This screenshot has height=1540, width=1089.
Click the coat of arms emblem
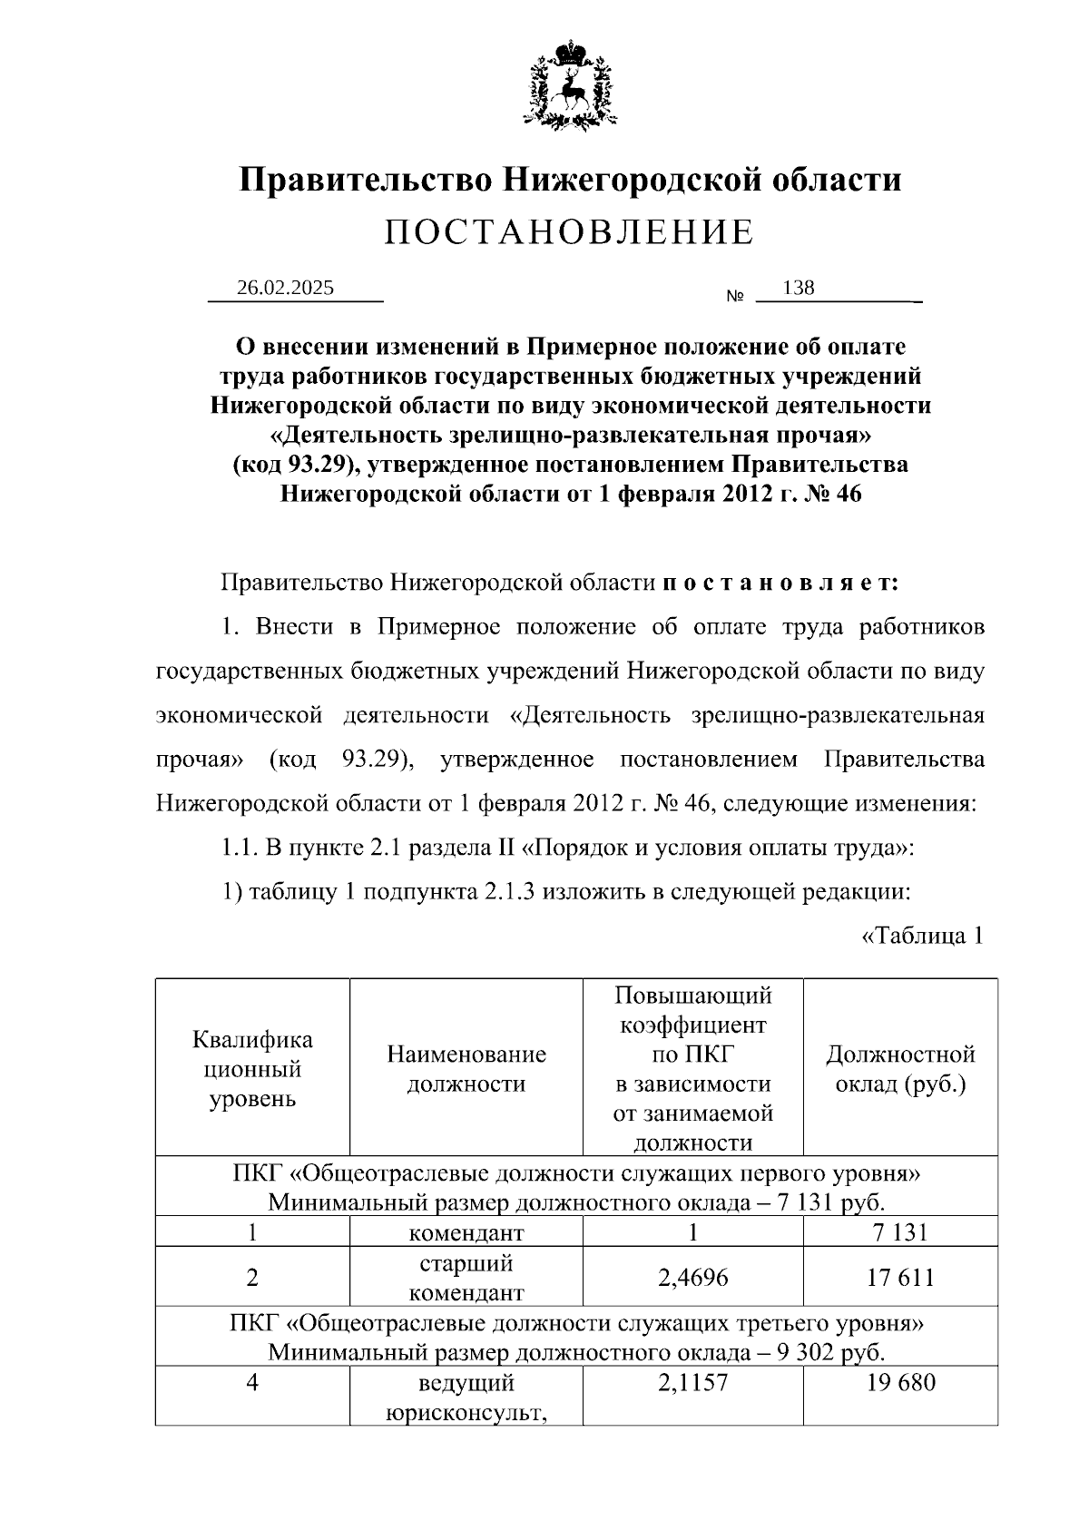569,83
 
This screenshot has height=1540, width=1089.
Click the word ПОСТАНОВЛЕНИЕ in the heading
569,233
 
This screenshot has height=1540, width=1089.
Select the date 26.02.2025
285,288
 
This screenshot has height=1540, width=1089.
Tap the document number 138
798,288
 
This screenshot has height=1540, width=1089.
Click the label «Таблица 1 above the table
921,936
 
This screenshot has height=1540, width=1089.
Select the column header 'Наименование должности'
466,1068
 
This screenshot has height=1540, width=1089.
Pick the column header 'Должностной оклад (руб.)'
900,1068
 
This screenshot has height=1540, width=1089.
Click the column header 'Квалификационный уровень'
252,1069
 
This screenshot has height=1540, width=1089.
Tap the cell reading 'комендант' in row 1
466,1232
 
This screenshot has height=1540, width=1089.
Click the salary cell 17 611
900,1278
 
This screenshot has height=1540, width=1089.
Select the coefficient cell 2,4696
692,1278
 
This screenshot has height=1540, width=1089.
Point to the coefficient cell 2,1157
692,1383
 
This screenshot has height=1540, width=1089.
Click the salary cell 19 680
900,1383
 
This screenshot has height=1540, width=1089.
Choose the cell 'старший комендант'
466,1278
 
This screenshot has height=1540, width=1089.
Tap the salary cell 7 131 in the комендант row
900,1232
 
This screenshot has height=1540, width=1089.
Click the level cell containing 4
252,1383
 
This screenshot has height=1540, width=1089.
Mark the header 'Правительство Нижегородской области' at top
569,179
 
